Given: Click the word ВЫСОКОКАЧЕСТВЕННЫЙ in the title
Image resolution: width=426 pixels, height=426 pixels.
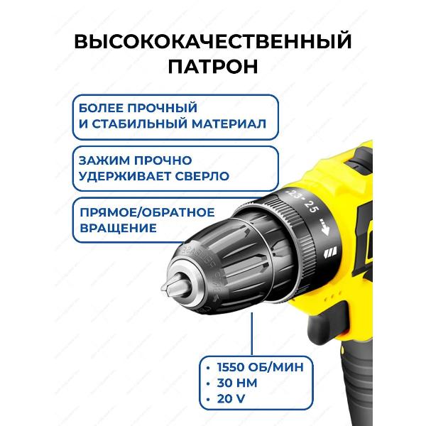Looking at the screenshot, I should click(212, 41).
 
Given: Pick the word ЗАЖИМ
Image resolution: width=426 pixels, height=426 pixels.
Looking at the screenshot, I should click(97, 160).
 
